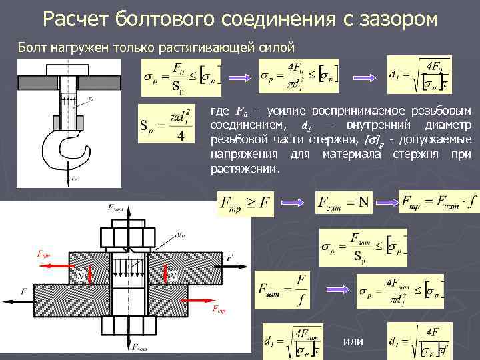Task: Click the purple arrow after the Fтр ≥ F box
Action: pos(290,203)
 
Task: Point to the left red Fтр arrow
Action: pos(54,263)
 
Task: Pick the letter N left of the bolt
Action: pos(81,275)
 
